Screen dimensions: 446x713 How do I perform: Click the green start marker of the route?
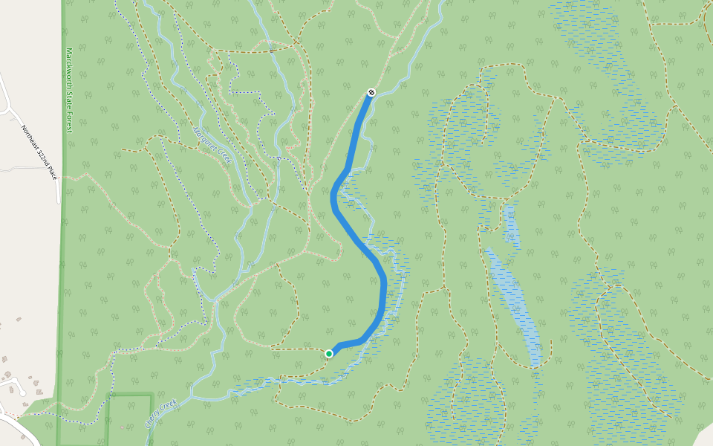[328, 354]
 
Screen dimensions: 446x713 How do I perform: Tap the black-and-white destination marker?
[371, 92]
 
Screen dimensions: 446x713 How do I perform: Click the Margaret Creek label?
[213, 146]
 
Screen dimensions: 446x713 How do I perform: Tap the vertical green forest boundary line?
[62, 260]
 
